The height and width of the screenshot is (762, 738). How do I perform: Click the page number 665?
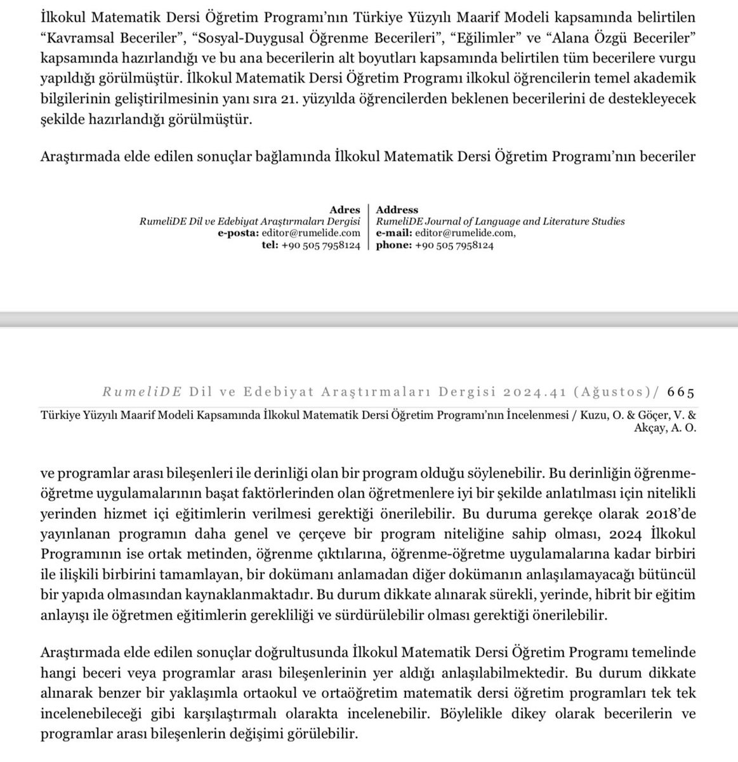(x=682, y=391)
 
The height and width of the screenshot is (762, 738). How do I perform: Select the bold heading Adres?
(x=345, y=210)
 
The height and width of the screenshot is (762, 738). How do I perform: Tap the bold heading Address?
(x=397, y=210)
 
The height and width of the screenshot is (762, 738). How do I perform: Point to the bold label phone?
(x=394, y=246)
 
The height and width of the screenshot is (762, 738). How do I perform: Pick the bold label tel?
(x=270, y=246)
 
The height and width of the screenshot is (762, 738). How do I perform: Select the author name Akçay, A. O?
(x=670, y=428)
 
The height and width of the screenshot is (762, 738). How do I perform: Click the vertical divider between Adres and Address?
(x=369, y=227)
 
